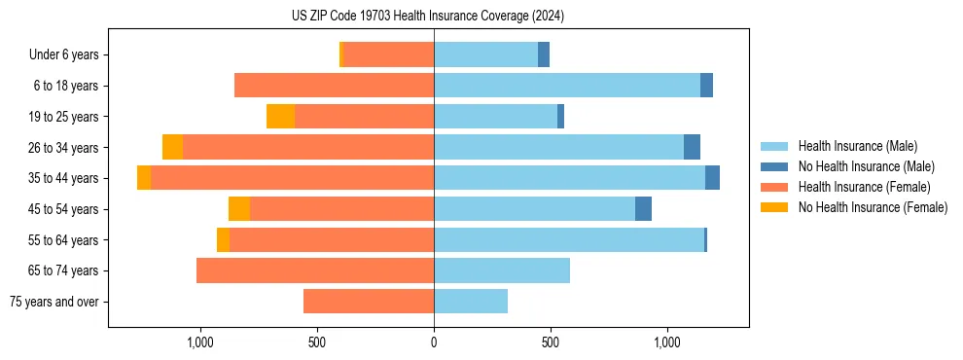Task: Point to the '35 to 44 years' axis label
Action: [x=63, y=179]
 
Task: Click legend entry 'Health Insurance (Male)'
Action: [x=857, y=147]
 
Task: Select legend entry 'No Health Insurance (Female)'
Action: [x=873, y=207]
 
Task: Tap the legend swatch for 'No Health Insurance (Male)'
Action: [x=775, y=167]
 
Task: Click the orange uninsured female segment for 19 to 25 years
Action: [x=280, y=117]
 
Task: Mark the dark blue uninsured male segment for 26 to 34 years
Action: [x=692, y=148]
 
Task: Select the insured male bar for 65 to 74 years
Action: [x=502, y=271]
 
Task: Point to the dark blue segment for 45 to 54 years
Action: [x=643, y=209]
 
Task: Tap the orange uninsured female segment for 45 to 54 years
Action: [x=239, y=209]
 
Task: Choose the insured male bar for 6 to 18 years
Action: [x=567, y=86]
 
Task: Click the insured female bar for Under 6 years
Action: [x=389, y=55]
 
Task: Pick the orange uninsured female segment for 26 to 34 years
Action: [x=172, y=148]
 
